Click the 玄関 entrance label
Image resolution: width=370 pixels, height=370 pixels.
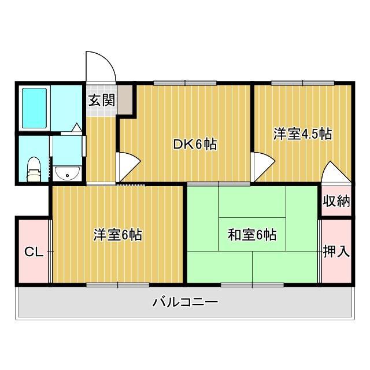tap(101, 100)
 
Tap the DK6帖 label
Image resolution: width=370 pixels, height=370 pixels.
tap(195, 145)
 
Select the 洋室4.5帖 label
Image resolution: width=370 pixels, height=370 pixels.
tap(302, 134)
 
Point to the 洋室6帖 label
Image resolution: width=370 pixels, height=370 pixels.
tap(118, 235)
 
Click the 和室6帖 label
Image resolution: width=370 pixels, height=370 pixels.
tap(251, 235)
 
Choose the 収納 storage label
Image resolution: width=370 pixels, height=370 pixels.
tap(336, 201)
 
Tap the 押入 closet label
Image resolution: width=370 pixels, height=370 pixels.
tap(336, 251)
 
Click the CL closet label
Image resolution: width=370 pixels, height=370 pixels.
tap(32, 252)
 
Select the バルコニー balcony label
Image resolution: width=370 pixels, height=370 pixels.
tap(185, 302)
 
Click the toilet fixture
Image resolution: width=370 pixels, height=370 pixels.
tap(34, 168)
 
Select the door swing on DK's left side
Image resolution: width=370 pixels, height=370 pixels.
tap(127, 166)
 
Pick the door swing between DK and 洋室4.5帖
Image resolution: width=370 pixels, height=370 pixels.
tap(262, 166)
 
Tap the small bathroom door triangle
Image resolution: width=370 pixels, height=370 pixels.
tap(77, 127)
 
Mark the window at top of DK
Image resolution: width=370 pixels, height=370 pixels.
tap(185, 83)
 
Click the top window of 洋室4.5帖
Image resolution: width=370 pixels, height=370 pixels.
tap(301, 83)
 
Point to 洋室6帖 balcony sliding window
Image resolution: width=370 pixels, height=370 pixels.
tap(118, 284)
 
